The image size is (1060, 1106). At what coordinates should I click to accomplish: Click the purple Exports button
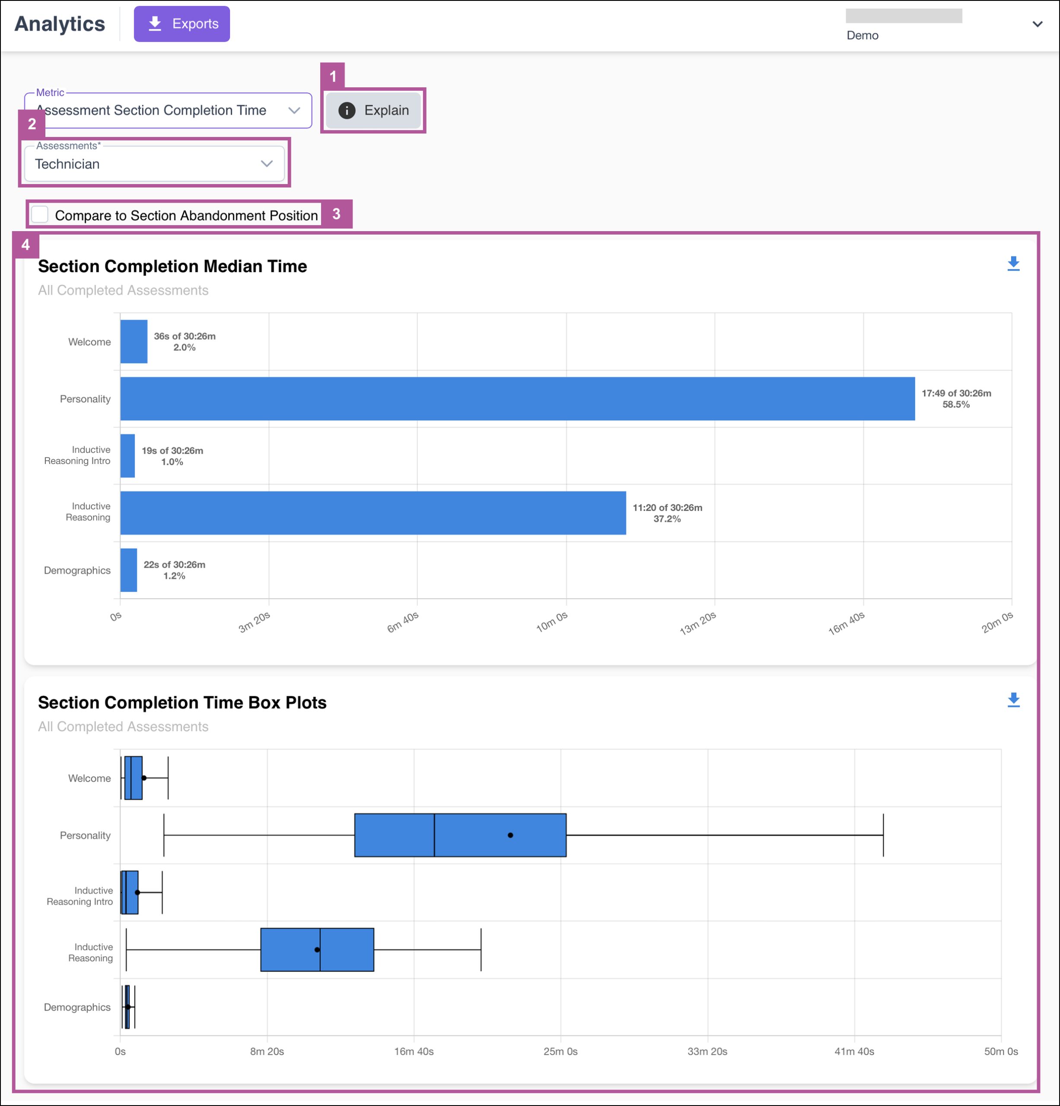(182, 24)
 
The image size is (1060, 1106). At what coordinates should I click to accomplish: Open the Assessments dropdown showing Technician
(154, 164)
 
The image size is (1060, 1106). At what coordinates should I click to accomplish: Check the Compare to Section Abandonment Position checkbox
(39, 215)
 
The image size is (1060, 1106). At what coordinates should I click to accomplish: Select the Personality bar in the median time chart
(518, 399)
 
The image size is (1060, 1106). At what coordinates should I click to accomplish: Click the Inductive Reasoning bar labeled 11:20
(373, 513)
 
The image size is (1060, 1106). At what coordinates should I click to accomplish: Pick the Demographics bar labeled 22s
(129, 570)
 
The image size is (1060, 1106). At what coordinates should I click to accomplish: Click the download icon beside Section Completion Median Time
(1014, 264)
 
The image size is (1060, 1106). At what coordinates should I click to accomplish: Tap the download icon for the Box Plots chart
(1014, 700)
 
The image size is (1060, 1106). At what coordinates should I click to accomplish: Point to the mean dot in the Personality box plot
(510, 835)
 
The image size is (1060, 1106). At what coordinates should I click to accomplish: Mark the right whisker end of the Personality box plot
(883, 835)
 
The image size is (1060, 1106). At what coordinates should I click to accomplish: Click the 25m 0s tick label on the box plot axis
(560, 1051)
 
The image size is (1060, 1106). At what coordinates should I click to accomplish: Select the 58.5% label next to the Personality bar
(956, 404)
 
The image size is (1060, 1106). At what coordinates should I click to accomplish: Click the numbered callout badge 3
(336, 214)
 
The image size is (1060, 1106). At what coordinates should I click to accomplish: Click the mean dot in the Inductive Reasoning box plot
(317, 950)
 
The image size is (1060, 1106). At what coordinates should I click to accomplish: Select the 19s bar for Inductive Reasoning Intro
(127, 456)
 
